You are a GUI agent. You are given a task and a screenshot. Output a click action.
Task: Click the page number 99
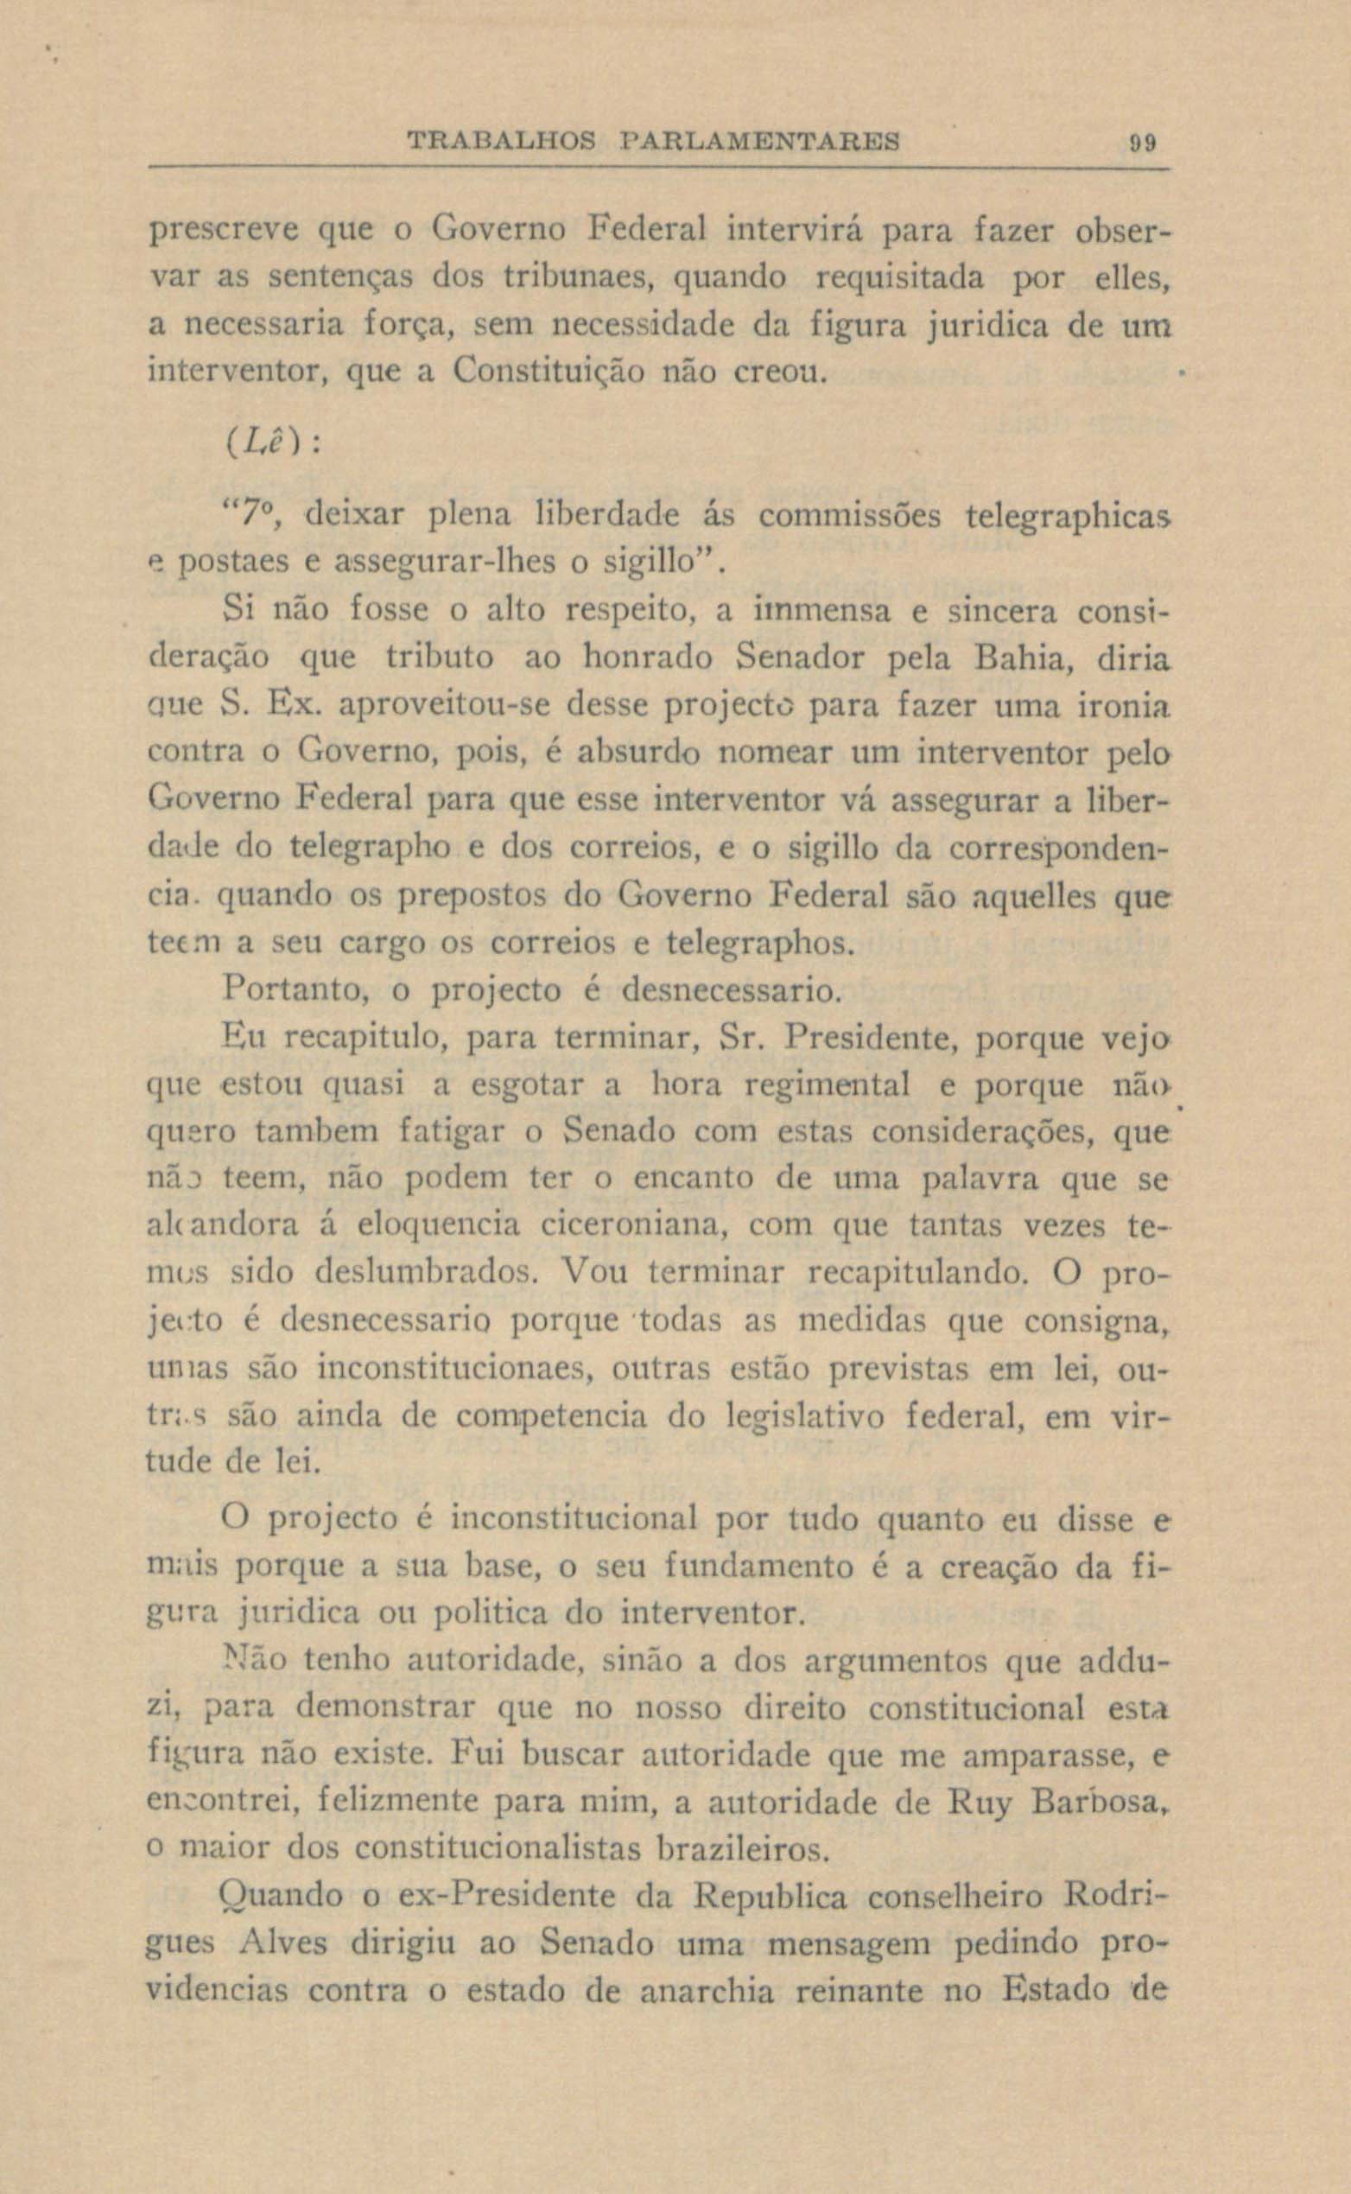[1140, 141]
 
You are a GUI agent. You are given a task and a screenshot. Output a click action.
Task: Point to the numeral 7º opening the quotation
[251, 517]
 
